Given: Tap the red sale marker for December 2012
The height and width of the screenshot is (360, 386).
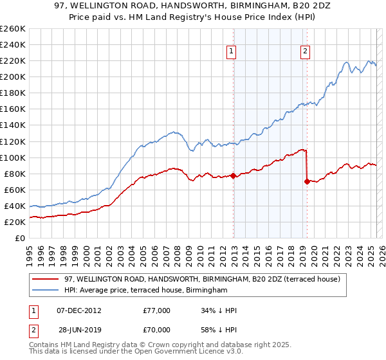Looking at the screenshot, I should pyautogui.click(x=233, y=175).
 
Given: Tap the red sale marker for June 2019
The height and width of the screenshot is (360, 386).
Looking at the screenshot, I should pyautogui.click(x=307, y=181).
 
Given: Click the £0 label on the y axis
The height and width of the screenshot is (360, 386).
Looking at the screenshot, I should pyautogui.click(x=20, y=238).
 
